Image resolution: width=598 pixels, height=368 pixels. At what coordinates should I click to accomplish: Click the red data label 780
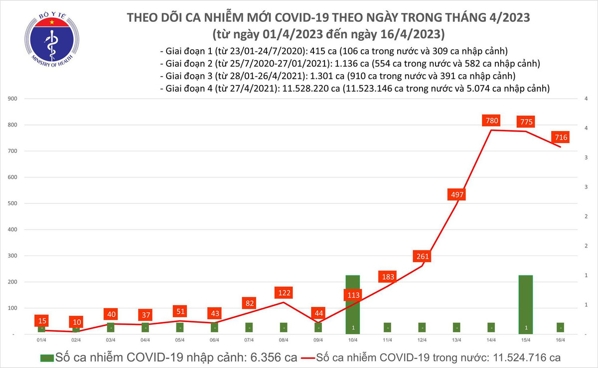point(492,121)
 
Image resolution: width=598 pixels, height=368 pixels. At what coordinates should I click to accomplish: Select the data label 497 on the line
point(457,195)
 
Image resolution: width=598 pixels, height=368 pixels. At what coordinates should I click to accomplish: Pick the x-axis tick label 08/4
point(284,340)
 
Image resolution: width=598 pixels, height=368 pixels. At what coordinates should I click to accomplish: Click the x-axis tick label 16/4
point(560,340)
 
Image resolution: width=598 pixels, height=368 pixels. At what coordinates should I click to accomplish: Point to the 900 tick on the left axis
point(13,99)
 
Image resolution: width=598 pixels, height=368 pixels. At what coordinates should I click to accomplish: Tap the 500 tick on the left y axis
point(13,204)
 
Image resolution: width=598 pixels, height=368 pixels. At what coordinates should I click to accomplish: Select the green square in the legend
point(47,358)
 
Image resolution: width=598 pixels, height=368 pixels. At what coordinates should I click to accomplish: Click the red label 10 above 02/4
point(76,322)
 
